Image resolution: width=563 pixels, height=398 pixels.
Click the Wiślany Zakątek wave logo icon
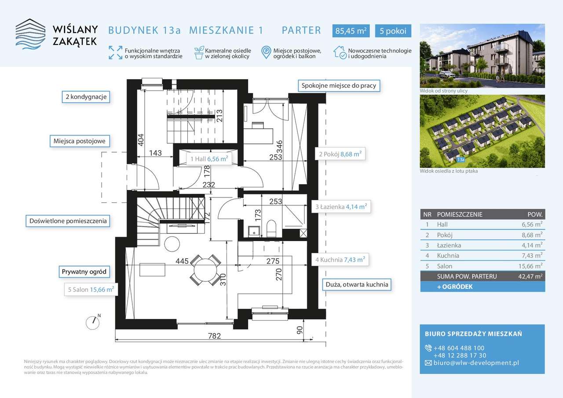[x=31, y=34]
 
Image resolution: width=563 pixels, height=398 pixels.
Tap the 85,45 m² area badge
[x=351, y=31]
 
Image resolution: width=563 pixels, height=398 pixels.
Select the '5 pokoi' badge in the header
[x=393, y=31]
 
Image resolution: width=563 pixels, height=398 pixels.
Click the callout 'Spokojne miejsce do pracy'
[x=339, y=86]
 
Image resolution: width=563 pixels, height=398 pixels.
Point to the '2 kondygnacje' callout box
[x=86, y=97]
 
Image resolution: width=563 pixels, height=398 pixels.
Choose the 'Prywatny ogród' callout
[x=84, y=272]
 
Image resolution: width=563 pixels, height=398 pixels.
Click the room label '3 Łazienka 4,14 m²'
[x=341, y=207]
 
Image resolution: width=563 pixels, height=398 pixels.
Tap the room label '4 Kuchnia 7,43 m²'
[x=340, y=259]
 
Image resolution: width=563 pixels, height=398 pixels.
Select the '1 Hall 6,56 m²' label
[x=209, y=159]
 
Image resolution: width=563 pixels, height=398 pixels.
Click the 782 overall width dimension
[x=214, y=336]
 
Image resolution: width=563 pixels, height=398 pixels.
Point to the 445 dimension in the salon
[x=182, y=261]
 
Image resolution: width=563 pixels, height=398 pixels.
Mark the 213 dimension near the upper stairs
[x=219, y=116]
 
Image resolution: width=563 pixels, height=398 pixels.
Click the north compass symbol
[x=93, y=322]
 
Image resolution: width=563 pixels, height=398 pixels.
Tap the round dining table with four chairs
[x=205, y=270]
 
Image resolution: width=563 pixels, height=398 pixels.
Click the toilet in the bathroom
[x=271, y=228]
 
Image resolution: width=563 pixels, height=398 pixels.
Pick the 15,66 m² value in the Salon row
[x=530, y=266]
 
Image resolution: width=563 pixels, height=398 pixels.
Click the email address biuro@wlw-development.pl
[x=476, y=363]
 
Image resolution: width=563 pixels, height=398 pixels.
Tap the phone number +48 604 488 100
[x=459, y=348]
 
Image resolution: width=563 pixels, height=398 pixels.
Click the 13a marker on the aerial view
[x=461, y=160]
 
